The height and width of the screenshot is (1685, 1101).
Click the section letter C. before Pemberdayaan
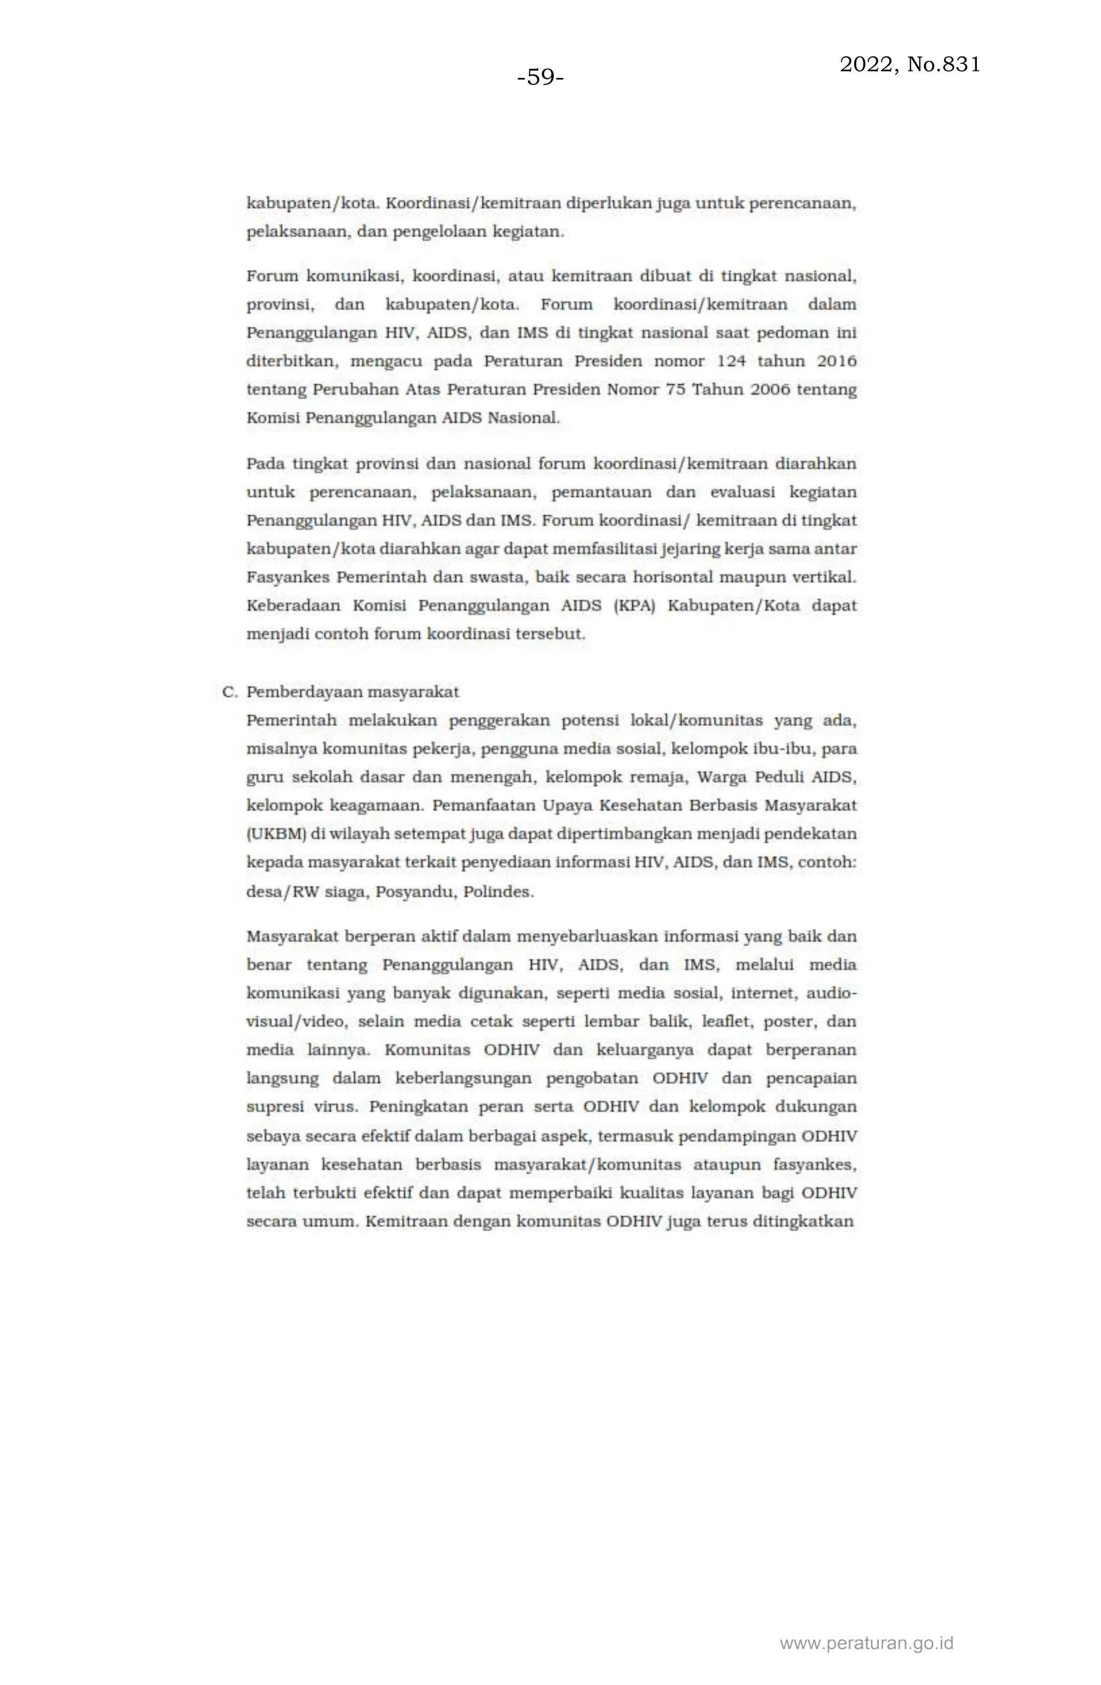(x=228, y=692)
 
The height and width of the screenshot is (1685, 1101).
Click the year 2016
(x=837, y=361)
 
